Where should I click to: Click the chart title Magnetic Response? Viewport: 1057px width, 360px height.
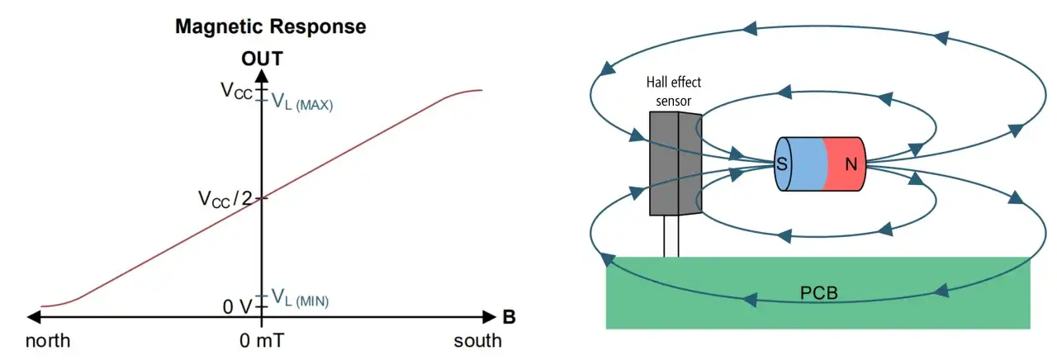coord(270,26)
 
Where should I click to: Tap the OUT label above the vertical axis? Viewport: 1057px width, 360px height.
coord(262,59)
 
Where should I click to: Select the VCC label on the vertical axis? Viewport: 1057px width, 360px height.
coord(236,90)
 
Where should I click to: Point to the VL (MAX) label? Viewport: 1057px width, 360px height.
coord(302,102)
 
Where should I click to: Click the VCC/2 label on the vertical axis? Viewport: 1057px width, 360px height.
coord(225,199)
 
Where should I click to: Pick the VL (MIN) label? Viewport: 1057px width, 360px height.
coord(300,298)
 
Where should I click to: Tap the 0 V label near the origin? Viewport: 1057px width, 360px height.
coord(237,307)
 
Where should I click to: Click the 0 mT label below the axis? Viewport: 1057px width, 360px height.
coord(262,341)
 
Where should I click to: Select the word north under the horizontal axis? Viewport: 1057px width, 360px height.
coord(48,341)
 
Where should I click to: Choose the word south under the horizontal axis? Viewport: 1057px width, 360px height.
coord(477,341)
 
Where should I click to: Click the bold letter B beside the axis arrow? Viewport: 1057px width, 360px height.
coord(510,317)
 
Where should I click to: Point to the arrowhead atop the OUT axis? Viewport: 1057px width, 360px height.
coord(262,75)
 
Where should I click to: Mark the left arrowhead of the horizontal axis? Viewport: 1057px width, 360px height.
coord(34,317)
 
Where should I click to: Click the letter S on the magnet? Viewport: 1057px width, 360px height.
coord(782,164)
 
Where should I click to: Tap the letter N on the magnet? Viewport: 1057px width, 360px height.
coord(851,164)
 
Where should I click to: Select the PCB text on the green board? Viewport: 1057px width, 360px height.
coord(818,293)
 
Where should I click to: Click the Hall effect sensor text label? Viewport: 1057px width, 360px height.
coord(673,92)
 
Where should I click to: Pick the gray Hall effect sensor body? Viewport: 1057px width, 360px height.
coord(675,163)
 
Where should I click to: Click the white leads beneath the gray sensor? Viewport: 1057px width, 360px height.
coord(671,236)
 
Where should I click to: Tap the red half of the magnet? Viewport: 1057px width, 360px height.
coord(845,164)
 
